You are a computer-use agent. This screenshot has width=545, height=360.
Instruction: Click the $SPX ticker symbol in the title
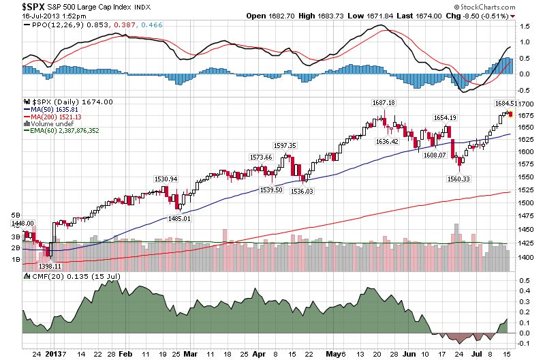click(x=16, y=5)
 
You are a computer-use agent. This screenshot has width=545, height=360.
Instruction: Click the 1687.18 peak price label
click(x=383, y=102)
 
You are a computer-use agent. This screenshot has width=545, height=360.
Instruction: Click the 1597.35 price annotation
click(x=284, y=145)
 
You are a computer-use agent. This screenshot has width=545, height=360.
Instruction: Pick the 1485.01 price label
click(x=180, y=218)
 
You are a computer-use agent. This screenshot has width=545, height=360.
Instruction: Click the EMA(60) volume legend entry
click(x=69, y=130)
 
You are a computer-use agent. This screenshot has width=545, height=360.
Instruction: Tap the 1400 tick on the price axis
click(x=525, y=258)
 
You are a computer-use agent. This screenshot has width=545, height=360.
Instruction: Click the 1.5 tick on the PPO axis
click(x=524, y=26)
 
